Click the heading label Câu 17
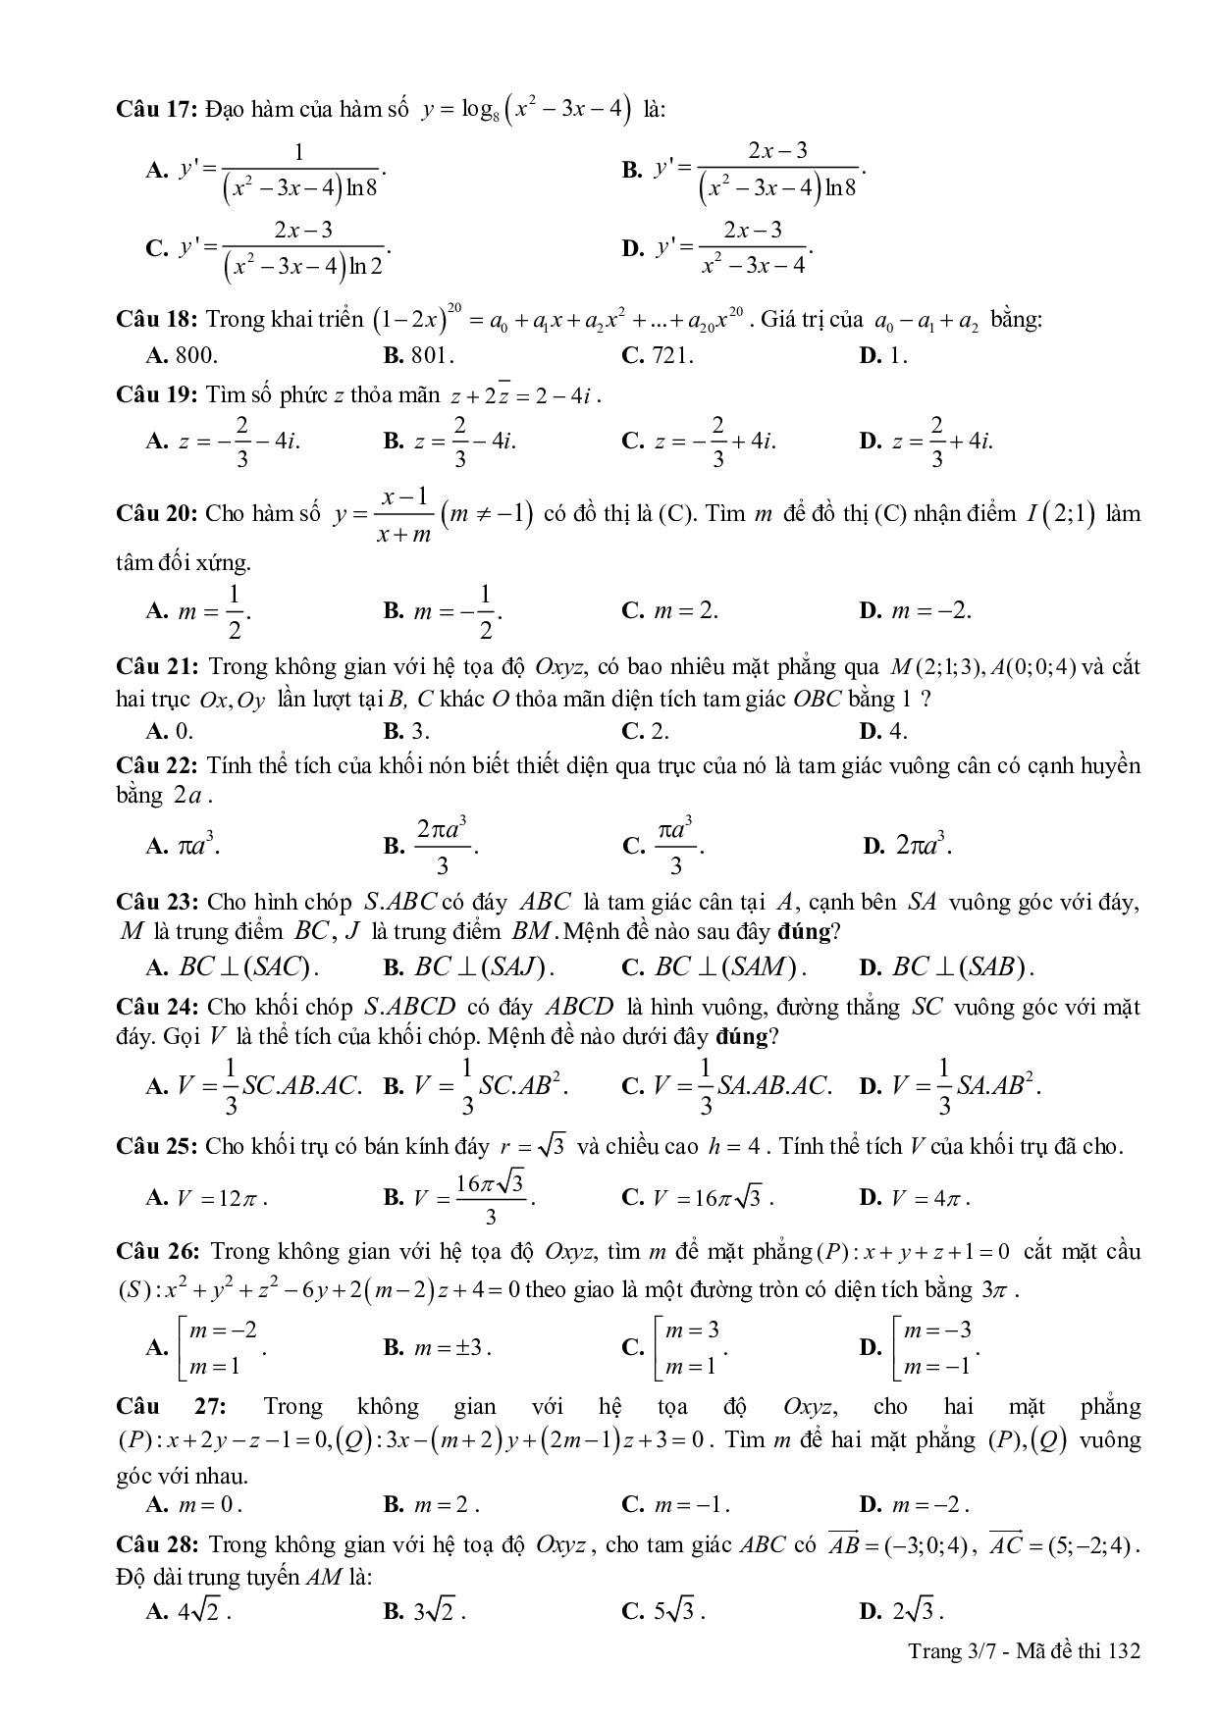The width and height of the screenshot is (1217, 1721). click(157, 110)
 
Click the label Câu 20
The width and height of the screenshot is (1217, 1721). click(157, 513)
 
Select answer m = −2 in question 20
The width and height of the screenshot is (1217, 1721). click(916, 610)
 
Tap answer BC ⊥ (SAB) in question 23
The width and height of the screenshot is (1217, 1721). click(948, 966)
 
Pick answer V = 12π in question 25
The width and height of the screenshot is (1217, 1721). click(209, 1197)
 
